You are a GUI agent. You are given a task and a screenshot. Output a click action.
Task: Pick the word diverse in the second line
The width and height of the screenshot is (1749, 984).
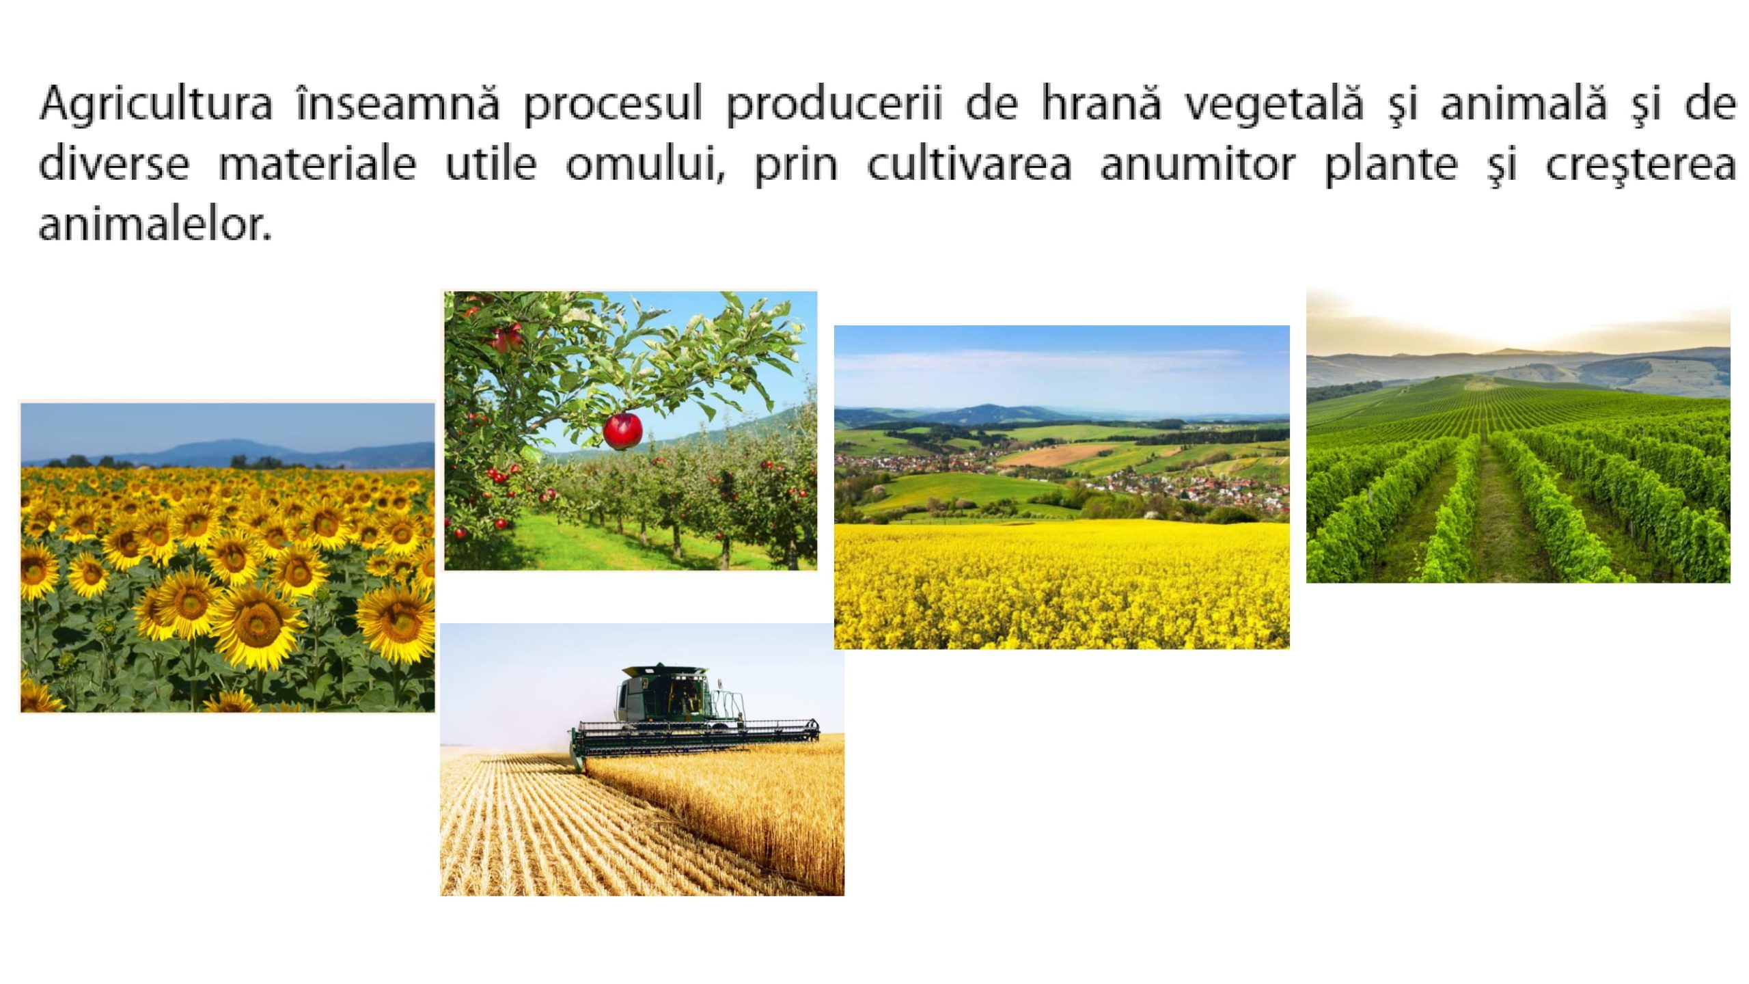point(113,164)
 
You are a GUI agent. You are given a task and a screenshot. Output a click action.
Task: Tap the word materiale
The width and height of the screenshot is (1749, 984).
point(317,164)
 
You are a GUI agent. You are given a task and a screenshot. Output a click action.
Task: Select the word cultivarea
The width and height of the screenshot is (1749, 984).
point(969,164)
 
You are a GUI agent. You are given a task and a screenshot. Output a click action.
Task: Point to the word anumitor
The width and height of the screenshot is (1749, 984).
point(1197,164)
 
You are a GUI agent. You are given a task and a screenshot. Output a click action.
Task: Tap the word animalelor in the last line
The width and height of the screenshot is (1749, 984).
point(155,223)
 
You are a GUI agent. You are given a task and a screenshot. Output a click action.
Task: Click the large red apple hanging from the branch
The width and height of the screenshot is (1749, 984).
point(622,430)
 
